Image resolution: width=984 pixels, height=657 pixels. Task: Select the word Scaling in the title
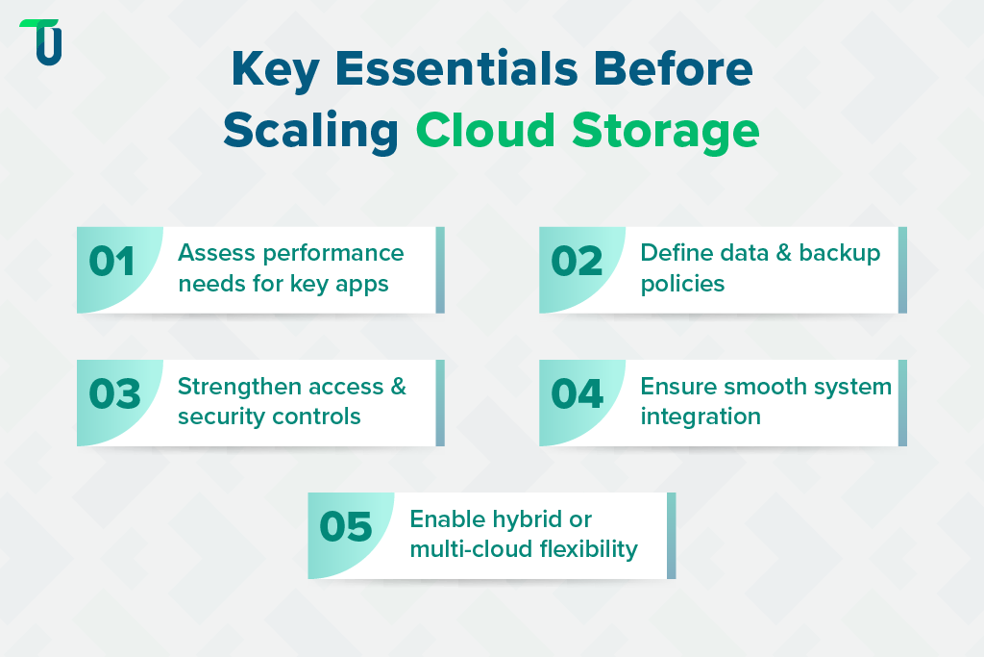(x=311, y=130)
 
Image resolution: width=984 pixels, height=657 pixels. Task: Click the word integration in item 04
(x=701, y=417)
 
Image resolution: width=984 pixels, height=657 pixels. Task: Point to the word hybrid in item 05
(x=529, y=519)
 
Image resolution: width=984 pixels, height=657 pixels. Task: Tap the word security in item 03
(x=219, y=417)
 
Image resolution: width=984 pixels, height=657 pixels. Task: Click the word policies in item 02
(x=682, y=284)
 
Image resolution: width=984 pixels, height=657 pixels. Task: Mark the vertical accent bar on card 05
(x=671, y=536)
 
